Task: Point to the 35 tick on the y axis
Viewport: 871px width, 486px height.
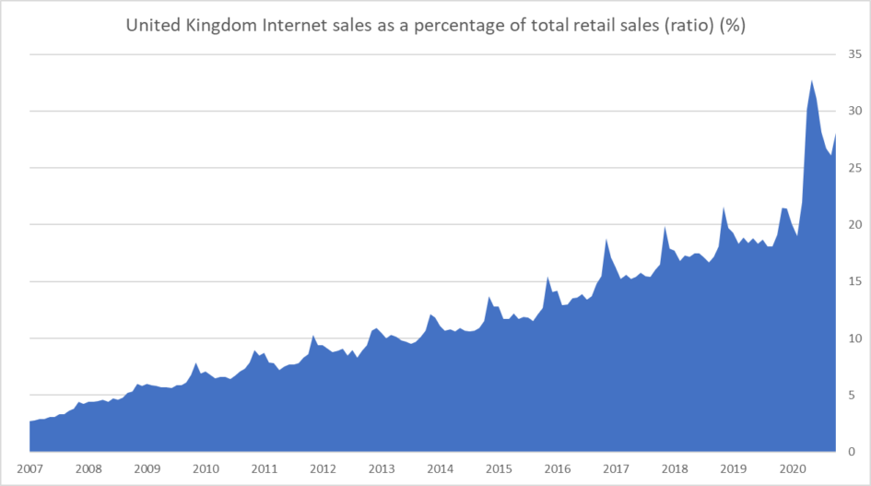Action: pyautogui.click(x=854, y=54)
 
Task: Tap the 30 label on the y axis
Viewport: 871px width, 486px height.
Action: pyautogui.click(x=854, y=112)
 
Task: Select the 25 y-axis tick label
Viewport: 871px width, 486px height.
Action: pyautogui.click(x=854, y=168)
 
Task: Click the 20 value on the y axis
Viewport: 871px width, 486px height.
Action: pyautogui.click(x=854, y=225)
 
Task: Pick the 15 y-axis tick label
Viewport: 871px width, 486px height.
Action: pyautogui.click(x=854, y=281)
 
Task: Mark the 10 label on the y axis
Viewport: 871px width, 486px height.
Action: pyautogui.click(x=854, y=338)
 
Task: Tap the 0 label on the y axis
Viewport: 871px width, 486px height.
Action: pyautogui.click(x=854, y=452)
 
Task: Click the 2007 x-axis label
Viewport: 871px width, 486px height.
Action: pyautogui.click(x=29, y=468)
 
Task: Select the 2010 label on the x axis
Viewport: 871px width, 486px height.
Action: pyautogui.click(x=206, y=468)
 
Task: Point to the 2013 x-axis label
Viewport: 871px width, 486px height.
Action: pyautogui.click(x=382, y=468)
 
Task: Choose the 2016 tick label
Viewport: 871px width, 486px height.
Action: pyautogui.click(x=558, y=468)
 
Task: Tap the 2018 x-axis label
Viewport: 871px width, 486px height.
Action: pyautogui.click(x=675, y=468)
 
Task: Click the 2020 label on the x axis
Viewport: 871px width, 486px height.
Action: pyautogui.click(x=792, y=468)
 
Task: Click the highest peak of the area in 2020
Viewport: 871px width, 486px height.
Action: pyautogui.click(x=812, y=81)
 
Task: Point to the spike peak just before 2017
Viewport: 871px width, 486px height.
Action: pyautogui.click(x=606, y=240)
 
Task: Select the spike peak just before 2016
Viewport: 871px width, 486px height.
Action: pyautogui.click(x=547, y=277)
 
